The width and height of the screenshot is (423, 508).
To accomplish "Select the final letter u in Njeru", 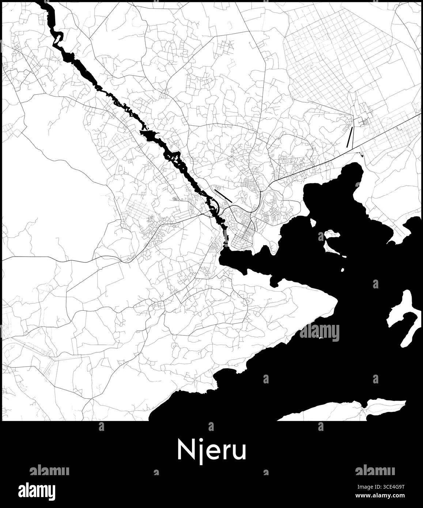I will (x=240, y=452).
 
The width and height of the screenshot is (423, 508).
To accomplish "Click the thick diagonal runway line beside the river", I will (x=223, y=196).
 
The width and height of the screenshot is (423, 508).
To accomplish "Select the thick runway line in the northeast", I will (x=350, y=137).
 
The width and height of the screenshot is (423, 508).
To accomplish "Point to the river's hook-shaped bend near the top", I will (x=58, y=38).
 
